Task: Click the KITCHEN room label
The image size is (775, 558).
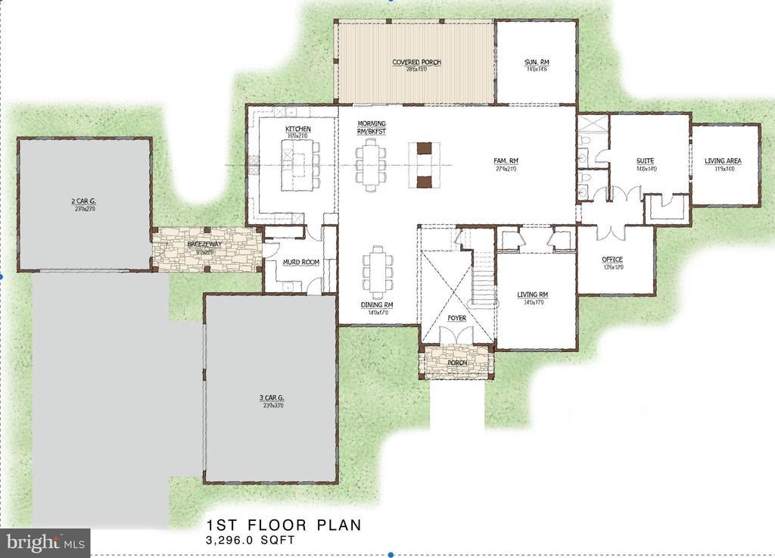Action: pyautogui.click(x=297, y=129)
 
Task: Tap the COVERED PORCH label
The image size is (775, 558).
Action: pyautogui.click(x=416, y=62)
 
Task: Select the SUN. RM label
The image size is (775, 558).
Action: pyautogui.click(x=536, y=62)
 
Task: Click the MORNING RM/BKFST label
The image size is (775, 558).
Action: pyautogui.click(x=371, y=127)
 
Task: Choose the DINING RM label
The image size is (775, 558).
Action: pyautogui.click(x=376, y=305)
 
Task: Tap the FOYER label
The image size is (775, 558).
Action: pyautogui.click(x=456, y=318)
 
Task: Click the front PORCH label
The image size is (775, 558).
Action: pyautogui.click(x=456, y=362)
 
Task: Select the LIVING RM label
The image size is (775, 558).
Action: pyautogui.click(x=532, y=295)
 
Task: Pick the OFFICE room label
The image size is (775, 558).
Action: pyautogui.click(x=612, y=260)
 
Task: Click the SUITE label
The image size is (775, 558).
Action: pyautogui.click(x=645, y=161)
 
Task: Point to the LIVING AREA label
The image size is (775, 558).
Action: pyautogui.click(x=723, y=161)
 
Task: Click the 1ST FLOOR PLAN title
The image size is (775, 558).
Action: pyautogui.click(x=284, y=525)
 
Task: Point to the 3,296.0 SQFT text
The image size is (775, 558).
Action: pyautogui.click(x=250, y=541)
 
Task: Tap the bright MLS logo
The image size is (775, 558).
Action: pyautogui.click(x=45, y=542)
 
